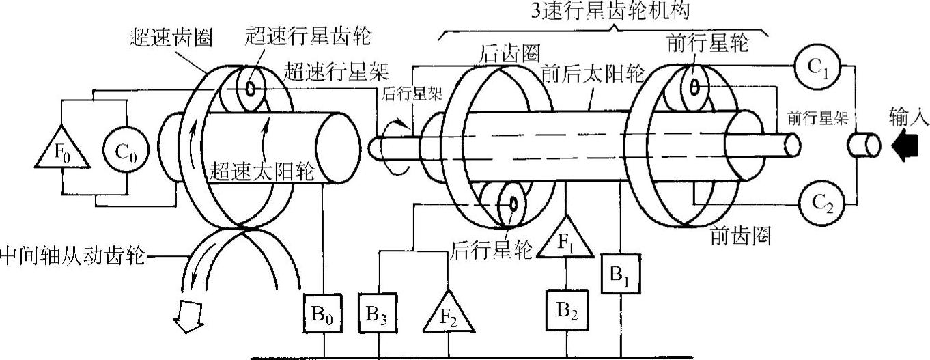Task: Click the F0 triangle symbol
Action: pyautogui.click(x=62, y=148)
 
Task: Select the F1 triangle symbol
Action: pyautogui.click(x=566, y=240)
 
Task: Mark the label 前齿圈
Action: pyautogui.click(x=740, y=236)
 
